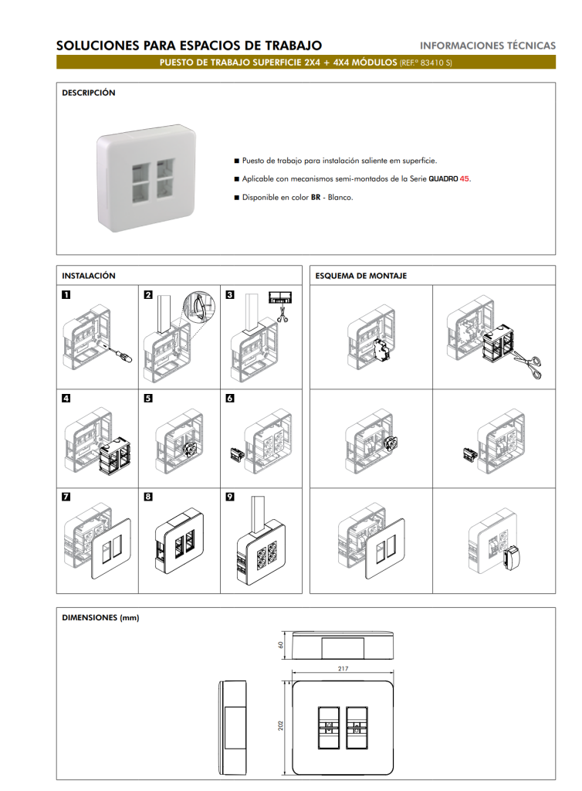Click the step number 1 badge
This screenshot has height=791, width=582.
coord(66,294)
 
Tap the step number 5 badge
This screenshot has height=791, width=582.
coord(148,398)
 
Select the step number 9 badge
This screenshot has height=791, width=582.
coord(230,497)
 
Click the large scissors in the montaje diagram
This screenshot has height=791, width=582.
coord(526,364)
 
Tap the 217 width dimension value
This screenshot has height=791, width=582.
coord(343,668)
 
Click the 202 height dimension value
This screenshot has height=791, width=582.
coord(281,725)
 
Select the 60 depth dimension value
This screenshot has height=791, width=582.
coord(281,645)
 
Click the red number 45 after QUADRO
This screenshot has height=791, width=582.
coord(464,178)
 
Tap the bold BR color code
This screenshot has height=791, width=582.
coord(316,197)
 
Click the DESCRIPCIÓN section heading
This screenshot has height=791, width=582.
coord(89,93)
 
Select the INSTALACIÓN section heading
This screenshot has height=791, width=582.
coord(89,276)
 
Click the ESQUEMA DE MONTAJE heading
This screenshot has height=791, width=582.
coord(360,276)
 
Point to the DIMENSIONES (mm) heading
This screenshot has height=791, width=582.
coord(100,617)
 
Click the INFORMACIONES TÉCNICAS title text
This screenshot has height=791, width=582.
coord(488,46)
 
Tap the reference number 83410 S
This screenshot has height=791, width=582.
coord(436,63)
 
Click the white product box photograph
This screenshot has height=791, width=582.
coord(146,178)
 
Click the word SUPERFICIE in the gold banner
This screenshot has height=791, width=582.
coord(276,63)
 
